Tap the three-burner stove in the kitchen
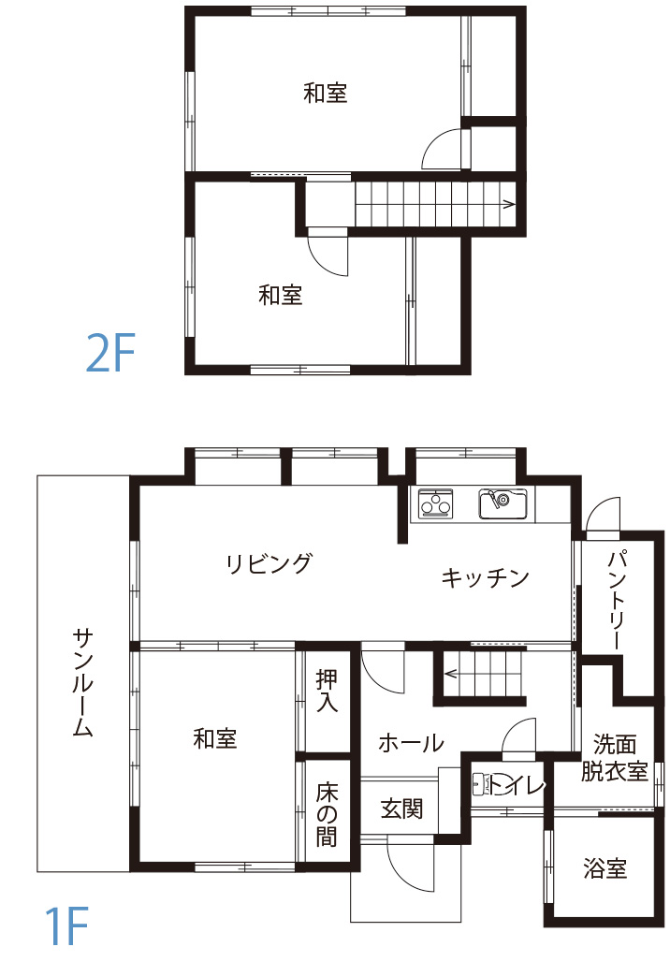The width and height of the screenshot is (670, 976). coord(435,504)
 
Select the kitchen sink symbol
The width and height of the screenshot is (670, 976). coord(502,504)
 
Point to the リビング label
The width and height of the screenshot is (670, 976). coord(268,564)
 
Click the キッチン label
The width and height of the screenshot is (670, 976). coord(485,577)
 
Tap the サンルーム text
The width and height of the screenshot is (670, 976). coord(83,683)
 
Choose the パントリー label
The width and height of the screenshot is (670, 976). coord(616,601)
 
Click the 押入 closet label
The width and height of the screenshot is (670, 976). coord(327,691)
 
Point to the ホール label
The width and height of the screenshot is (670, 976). coord(410,744)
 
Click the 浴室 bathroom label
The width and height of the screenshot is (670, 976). coord(604,869)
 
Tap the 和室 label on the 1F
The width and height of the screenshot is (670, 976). coord(215,739)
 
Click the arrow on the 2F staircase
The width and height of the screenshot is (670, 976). coord(508,203)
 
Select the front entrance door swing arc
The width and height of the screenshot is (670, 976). coord(412,866)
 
